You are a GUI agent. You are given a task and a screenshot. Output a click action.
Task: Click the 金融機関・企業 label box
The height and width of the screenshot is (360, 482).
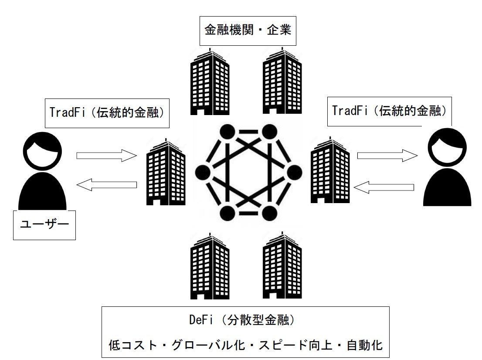[x=248, y=31]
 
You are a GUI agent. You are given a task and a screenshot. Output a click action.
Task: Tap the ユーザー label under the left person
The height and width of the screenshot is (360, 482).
[x=44, y=225]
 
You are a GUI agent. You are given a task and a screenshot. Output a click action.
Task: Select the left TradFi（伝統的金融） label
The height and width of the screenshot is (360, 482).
[x=106, y=112]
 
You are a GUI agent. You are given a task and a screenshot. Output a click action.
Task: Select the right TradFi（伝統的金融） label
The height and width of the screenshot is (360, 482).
[x=389, y=110]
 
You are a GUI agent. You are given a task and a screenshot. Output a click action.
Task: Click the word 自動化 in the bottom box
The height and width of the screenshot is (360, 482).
[x=365, y=346]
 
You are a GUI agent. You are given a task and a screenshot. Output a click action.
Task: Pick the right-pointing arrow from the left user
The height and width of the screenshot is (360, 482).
[x=106, y=155]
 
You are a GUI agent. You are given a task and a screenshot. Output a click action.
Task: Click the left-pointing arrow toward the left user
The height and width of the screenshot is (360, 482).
[x=106, y=185]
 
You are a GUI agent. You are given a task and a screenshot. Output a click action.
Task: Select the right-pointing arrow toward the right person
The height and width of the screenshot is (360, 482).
[x=386, y=155]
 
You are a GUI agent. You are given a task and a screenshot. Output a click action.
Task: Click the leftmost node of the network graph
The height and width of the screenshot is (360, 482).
[x=203, y=172]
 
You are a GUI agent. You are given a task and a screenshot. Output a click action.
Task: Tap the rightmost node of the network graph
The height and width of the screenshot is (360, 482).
[x=293, y=172]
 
